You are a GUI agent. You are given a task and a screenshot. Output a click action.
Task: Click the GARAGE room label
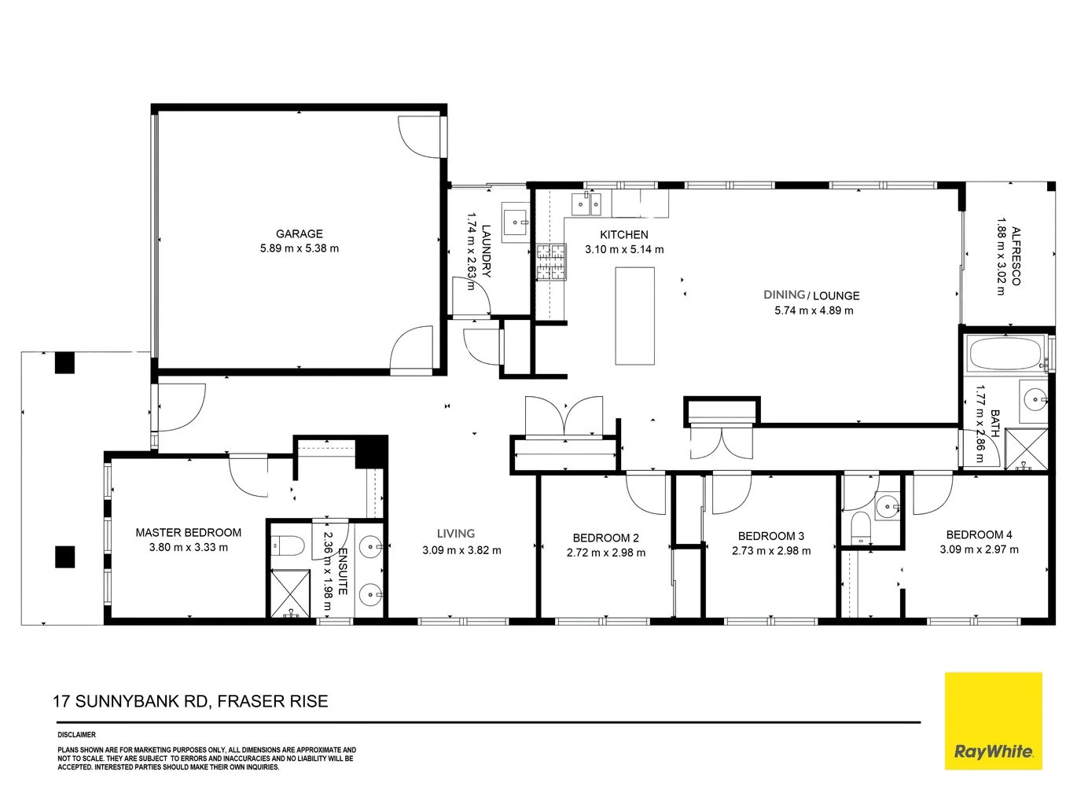tap(299, 233)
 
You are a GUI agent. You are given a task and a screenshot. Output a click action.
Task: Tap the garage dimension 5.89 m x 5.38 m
tap(299, 248)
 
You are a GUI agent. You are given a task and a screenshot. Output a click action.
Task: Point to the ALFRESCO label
tap(1016, 256)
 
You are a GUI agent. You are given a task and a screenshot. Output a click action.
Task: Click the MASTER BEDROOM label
tap(188, 533)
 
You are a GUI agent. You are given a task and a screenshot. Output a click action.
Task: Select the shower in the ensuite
tap(290, 593)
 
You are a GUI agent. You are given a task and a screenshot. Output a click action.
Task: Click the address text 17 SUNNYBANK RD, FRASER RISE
tap(190, 701)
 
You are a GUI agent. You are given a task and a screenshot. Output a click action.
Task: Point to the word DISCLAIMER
tap(76, 735)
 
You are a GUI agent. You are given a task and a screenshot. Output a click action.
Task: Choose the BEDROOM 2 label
tap(605, 538)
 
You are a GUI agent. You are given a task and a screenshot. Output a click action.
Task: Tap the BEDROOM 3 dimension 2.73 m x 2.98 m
tap(770, 551)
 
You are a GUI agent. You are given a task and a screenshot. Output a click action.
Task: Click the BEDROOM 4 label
tap(979, 534)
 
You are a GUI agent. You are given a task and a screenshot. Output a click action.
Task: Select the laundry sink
tap(516, 222)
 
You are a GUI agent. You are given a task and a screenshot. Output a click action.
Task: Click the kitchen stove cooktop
tap(551, 262)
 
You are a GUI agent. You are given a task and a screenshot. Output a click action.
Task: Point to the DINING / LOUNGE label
tap(811, 296)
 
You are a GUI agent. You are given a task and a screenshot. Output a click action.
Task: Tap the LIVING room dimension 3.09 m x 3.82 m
tap(461, 550)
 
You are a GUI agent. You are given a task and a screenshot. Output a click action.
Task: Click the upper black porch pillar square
tap(64, 363)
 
